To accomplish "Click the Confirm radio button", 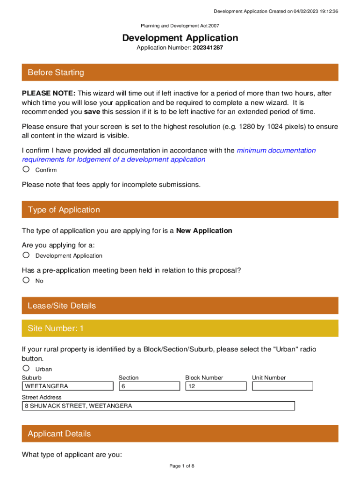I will click(26, 169).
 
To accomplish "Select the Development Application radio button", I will click(26, 255).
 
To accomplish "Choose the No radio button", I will click(26, 280).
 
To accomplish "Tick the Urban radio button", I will click(26, 368).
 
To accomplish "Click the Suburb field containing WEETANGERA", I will click(68, 386).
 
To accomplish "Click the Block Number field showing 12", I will click(216, 386).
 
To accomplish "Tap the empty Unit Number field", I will click(282, 386).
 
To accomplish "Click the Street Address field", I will click(158, 406).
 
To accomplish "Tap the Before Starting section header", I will click(180, 73).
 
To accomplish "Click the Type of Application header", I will click(180, 210).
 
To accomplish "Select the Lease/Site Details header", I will click(180, 305).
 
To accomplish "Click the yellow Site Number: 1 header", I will click(180, 328).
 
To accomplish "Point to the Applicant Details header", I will click(180, 434).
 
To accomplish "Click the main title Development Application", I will click(180, 38).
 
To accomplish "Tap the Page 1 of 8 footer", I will click(181, 466).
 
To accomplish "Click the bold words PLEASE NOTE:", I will click(49, 94).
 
